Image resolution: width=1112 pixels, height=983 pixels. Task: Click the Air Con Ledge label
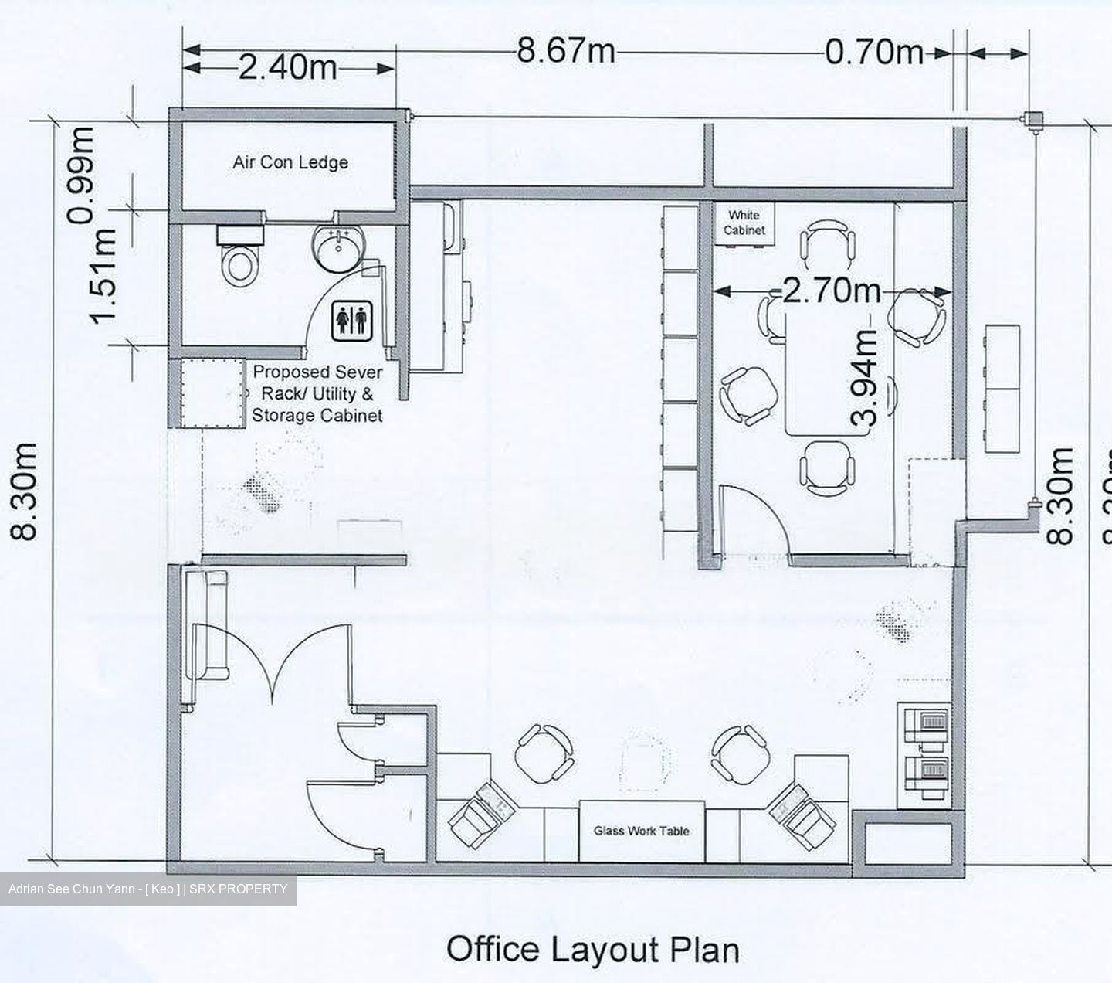pos(290,162)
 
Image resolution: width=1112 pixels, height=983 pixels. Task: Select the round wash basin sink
pos(337,249)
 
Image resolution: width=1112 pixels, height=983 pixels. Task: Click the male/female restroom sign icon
pos(352,321)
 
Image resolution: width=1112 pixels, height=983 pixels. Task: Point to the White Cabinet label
pos(744,223)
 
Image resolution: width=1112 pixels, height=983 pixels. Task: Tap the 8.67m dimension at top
pos(565,50)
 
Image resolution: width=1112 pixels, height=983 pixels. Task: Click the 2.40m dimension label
pos(287,68)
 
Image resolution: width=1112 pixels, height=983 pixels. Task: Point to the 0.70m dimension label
pos(874,53)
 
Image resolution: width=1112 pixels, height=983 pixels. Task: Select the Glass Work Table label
pos(641,831)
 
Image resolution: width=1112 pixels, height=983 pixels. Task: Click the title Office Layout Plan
pos(593,949)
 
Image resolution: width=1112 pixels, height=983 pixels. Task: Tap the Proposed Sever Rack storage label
pos(317,393)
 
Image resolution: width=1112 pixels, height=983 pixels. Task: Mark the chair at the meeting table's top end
pos(827,244)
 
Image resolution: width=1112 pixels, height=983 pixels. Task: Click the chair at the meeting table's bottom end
pos(827,468)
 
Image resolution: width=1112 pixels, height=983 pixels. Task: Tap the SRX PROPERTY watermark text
pos(238,889)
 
